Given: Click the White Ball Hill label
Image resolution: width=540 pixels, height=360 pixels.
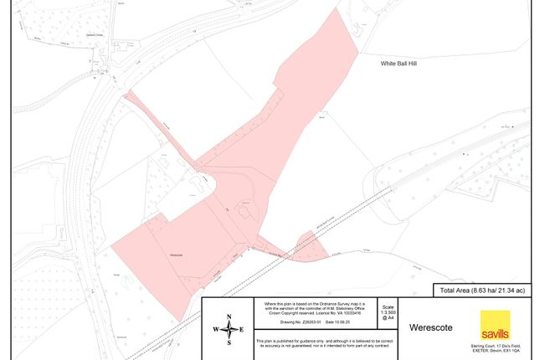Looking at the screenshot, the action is tap(382, 63).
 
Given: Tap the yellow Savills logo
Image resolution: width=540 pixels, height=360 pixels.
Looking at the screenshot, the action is tap(494, 327).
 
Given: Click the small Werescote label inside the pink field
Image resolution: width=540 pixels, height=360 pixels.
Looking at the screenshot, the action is tap(176, 253).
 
